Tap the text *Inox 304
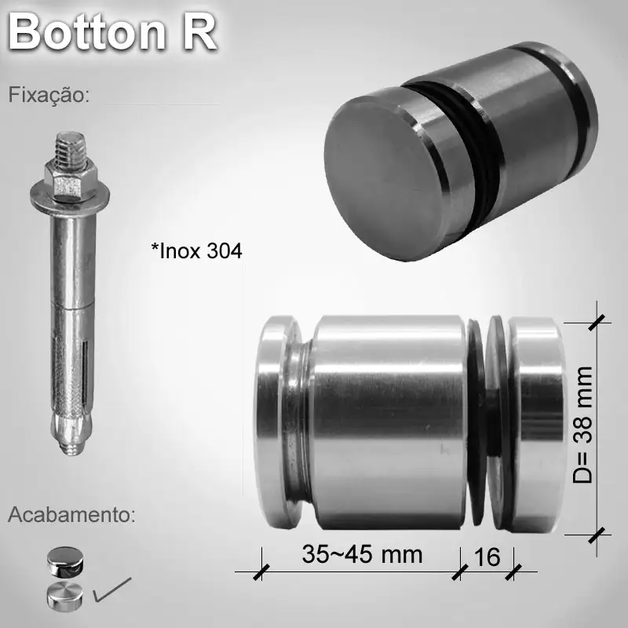pos(196,251)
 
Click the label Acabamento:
pos(71,516)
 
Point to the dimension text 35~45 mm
pos(362,554)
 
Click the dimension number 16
pos(487,557)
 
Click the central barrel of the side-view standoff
pos(389,424)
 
